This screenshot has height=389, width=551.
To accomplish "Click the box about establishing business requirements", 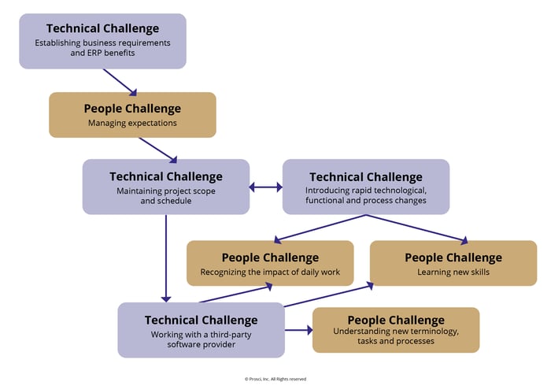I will click(102, 41).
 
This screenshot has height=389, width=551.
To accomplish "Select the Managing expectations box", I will click(132, 115).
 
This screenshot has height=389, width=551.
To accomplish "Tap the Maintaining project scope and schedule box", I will click(165, 187).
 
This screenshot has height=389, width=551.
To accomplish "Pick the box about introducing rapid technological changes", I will click(365, 187).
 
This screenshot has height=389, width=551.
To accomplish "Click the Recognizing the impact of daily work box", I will click(269, 263).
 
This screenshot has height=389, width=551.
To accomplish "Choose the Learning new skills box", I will click(453, 263).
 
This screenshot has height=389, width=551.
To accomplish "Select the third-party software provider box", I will click(201, 329).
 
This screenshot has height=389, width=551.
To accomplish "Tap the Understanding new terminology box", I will click(395, 330).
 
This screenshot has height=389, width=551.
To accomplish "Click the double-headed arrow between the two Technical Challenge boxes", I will click(266, 187).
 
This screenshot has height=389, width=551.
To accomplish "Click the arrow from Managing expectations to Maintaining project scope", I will click(157, 149).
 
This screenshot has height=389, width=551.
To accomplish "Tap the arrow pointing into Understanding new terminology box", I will click(298, 330).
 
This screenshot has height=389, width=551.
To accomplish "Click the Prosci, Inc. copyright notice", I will click(275, 379).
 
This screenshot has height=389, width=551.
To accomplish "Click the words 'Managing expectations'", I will click(132, 123).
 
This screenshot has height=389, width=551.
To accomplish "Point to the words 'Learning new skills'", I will click(453, 272).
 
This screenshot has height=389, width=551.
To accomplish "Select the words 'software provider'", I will click(201, 344).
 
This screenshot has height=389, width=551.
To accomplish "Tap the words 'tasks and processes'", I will click(395, 342).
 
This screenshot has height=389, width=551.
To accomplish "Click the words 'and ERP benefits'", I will click(102, 54).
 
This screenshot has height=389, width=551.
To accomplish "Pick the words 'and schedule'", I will click(165, 200).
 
